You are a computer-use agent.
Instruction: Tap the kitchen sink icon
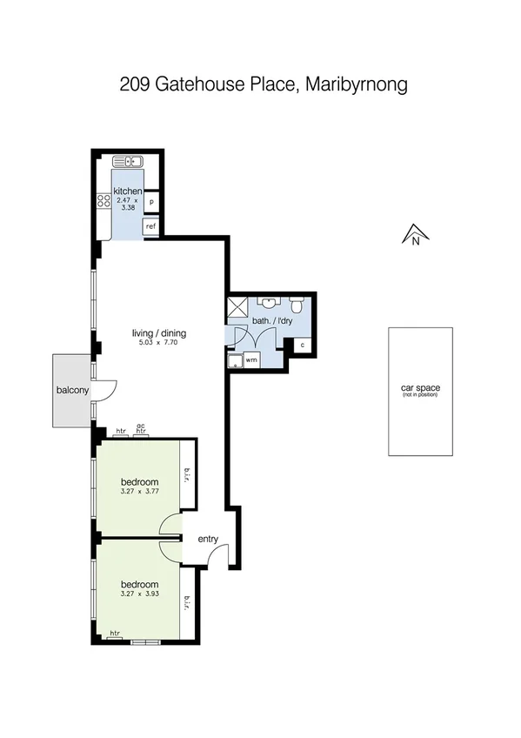pos(128,161)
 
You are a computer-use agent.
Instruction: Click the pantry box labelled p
pos(151,202)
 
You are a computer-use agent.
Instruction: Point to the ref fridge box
pos(151,226)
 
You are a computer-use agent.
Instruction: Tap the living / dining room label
pos(159,333)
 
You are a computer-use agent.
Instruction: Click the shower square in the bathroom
pos(237,307)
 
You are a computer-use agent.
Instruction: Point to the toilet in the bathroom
pos(297,305)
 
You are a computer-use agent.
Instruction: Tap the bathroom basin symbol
pos(270,304)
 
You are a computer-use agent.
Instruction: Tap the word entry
pos(208,540)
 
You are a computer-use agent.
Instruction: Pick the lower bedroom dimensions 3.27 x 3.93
pos(140,594)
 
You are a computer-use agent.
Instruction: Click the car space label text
pos(419,387)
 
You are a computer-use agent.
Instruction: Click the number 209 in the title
pos(136,85)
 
